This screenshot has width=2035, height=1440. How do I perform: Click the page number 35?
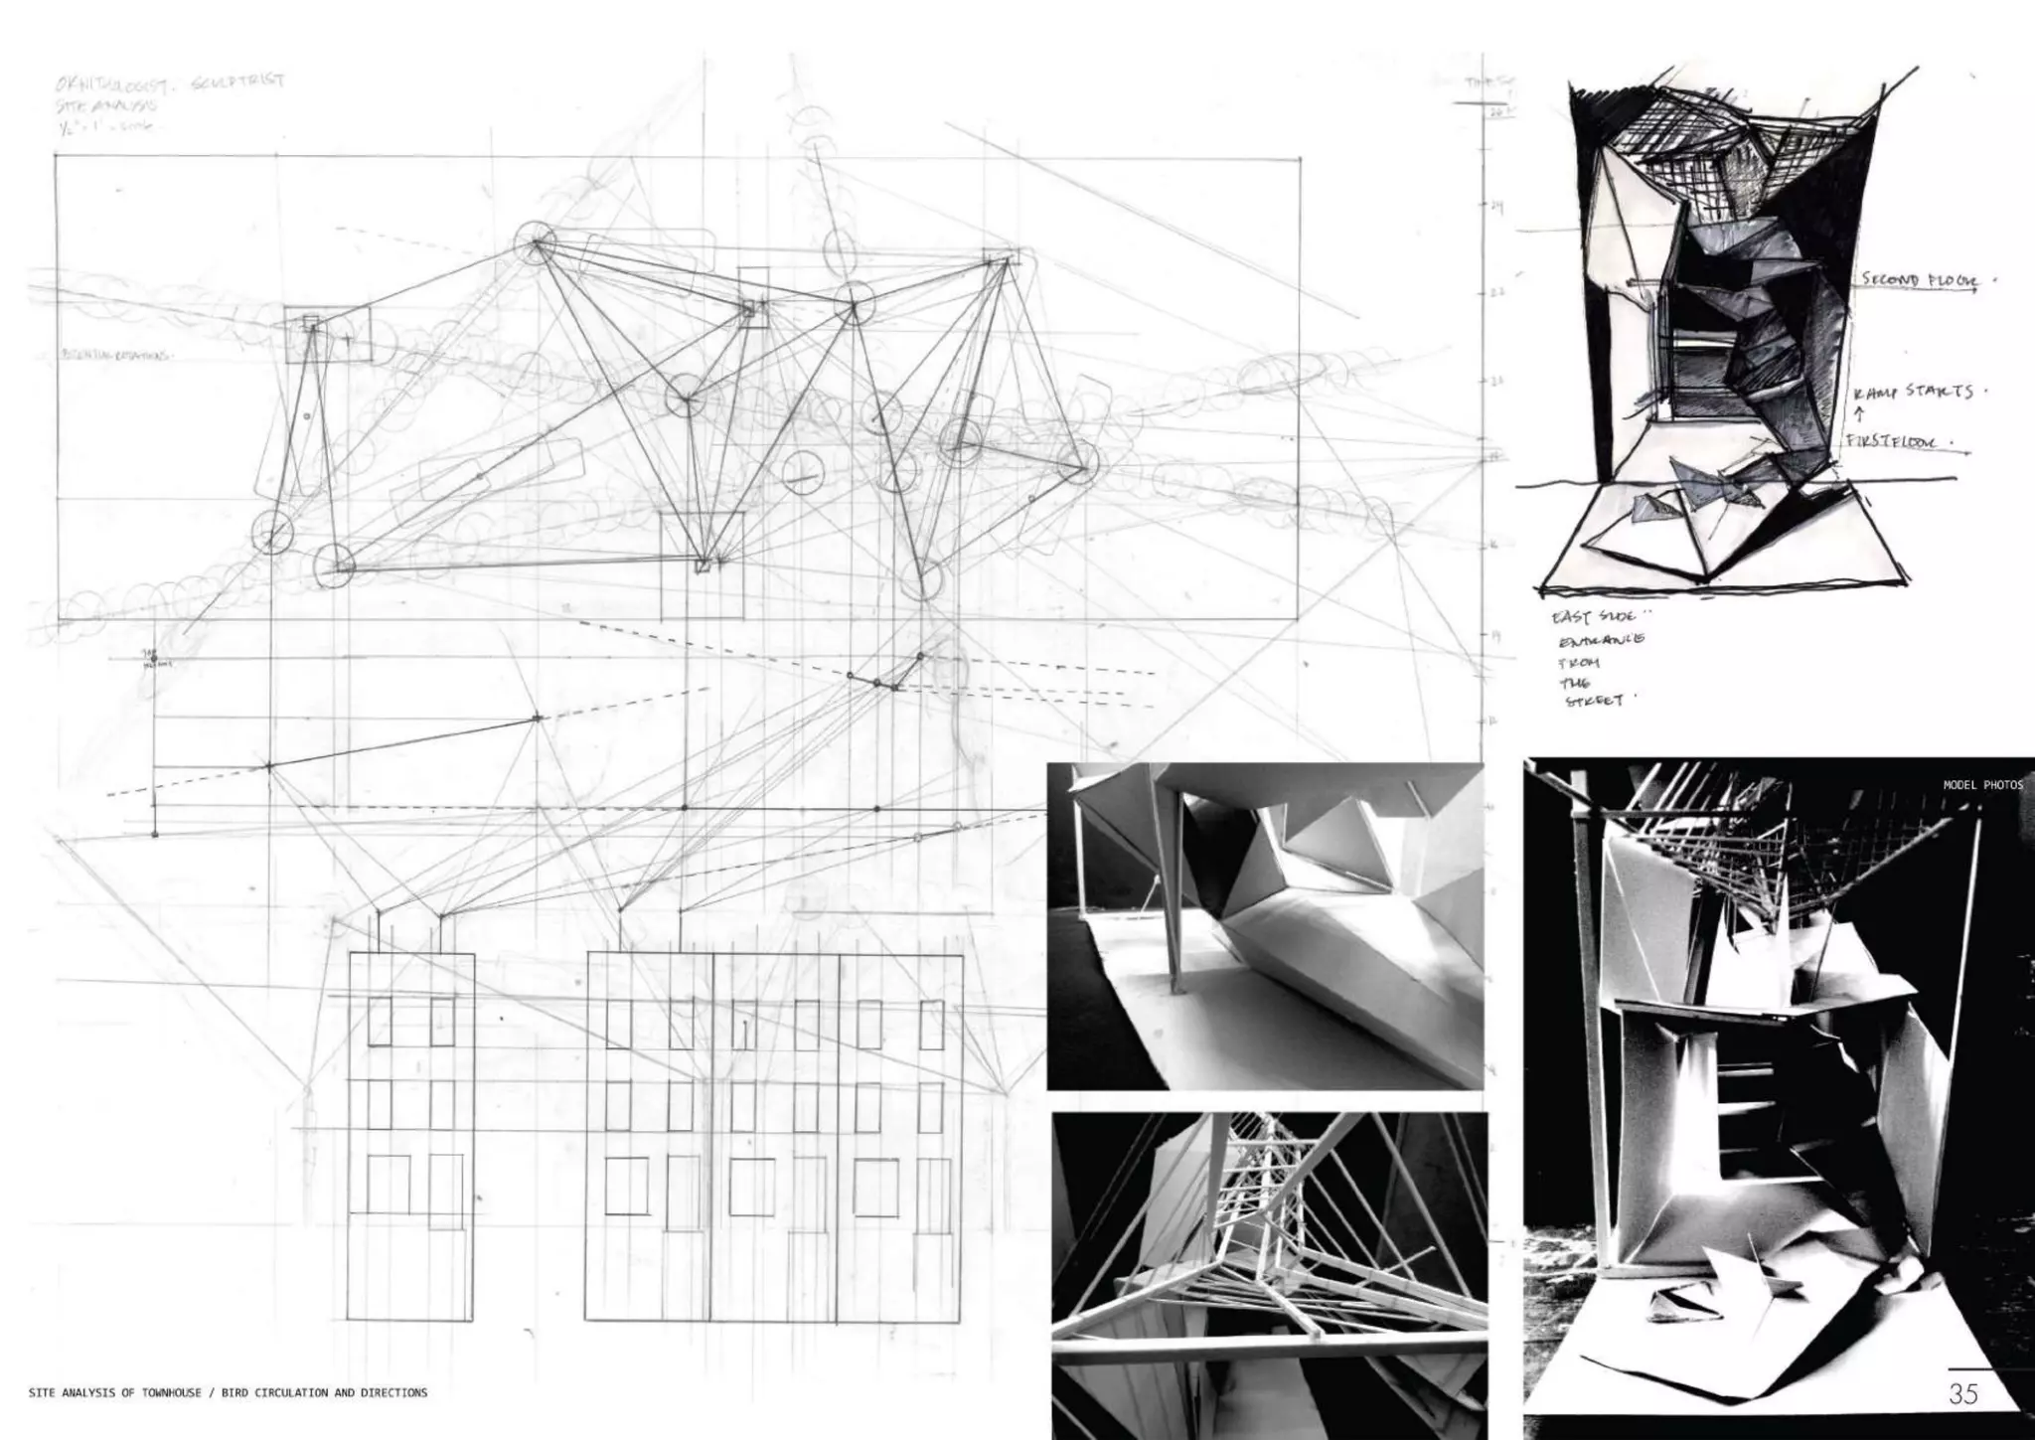1963,1393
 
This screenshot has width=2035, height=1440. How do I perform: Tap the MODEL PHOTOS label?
1982,785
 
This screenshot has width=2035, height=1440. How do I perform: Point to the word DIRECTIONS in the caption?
394,1393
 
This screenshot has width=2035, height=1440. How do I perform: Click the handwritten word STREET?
1594,701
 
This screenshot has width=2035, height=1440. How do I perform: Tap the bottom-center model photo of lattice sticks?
1269,1275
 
